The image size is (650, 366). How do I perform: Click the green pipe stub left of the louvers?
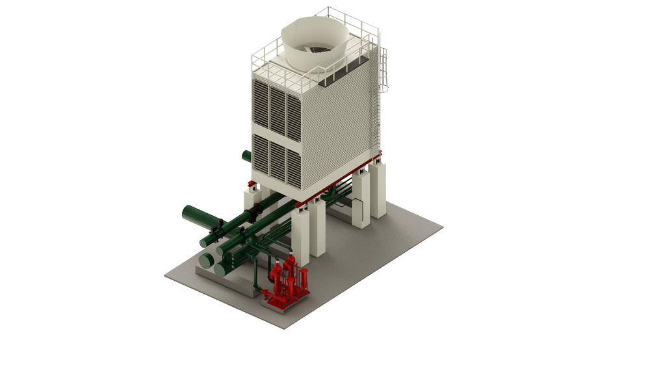pos(246,156)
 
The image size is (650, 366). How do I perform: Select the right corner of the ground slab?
pos(443,228)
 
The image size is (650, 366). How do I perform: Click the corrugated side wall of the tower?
pos(344,130)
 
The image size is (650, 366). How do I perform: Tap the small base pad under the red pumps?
pos(286,303)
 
